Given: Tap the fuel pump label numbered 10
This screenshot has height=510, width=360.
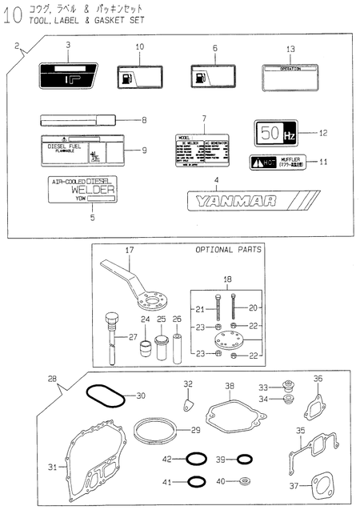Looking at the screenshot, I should click(x=138, y=78).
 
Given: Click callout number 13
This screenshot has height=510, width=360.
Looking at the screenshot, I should click(x=290, y=49).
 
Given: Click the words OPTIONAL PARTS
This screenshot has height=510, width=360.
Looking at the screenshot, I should click(x=229, y=250).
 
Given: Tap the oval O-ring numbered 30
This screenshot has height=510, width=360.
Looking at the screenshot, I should click(x=102, y=396).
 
